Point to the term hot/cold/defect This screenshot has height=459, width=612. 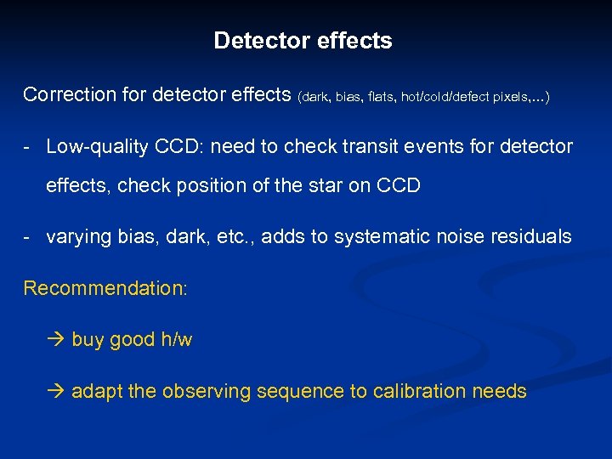(x=450, y=98)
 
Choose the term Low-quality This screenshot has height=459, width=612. (x=99, y=146)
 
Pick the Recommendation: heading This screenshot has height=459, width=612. (x=105, y=288)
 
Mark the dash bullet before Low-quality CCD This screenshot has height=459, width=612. (x=29, y=147)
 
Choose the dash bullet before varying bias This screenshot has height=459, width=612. (x=29, y=237)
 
